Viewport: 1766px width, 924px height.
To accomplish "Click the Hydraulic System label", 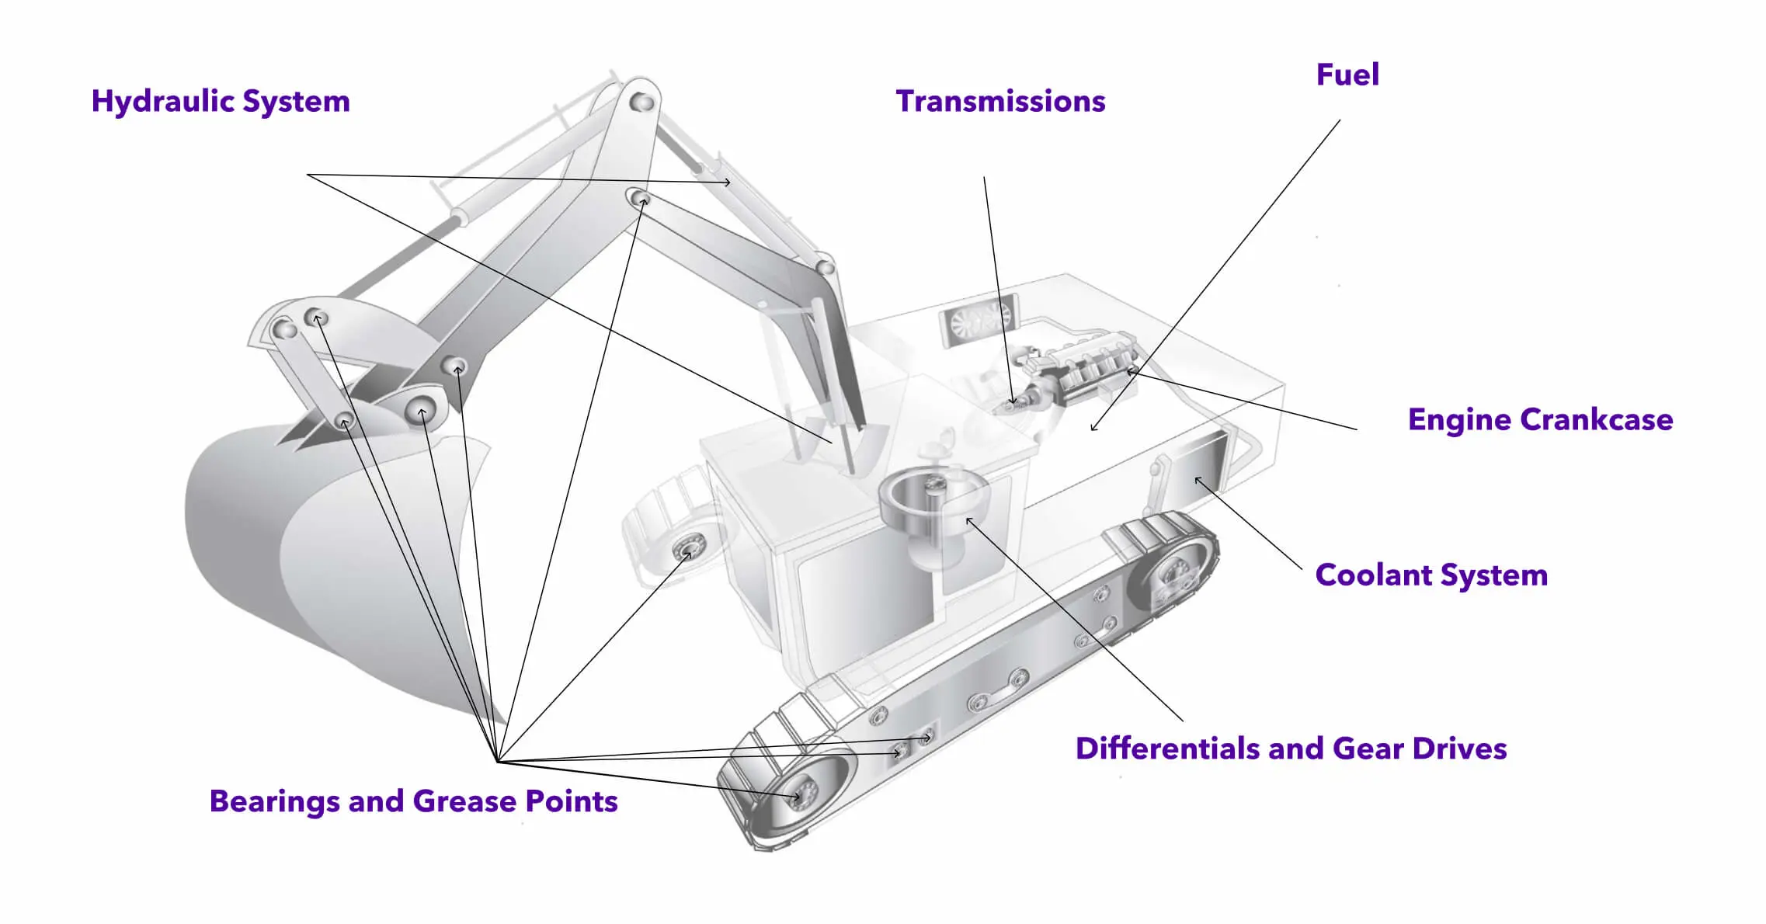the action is tap(221, 102).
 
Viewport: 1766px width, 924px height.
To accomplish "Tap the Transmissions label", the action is tap(1000, 102).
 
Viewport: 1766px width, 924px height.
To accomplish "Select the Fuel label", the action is tap(1347, 75).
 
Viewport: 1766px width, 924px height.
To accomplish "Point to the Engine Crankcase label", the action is tap(1540, 420).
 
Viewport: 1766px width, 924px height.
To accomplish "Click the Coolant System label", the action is tap(1431, 575).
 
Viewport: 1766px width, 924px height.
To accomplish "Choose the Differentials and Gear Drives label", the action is tap(1291, 749).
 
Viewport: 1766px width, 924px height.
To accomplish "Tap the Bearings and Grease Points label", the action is tap(413, 801).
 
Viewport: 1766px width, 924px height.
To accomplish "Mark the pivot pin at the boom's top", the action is tap(641, 101).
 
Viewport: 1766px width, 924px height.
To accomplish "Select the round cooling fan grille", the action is tap(979, 319).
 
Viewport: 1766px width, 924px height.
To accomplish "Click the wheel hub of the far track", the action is tap(688, 548).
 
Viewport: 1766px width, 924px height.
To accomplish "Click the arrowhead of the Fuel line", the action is tap(1094, 426).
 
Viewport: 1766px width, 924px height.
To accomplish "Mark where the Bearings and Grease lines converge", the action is tap(497, 761).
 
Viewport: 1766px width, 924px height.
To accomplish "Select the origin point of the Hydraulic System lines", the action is tap(308, 175).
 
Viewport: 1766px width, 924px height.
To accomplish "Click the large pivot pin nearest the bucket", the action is tap(421, 412).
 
